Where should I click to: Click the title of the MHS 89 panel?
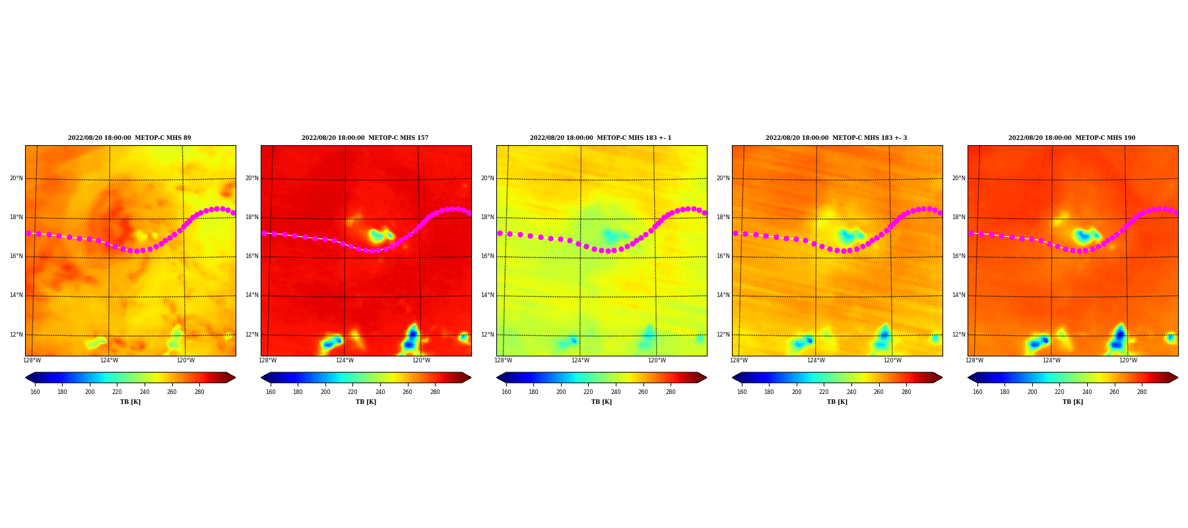pyautogui.click(x=129, y=138)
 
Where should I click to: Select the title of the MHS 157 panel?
pyautogui.click(x=365, y=138)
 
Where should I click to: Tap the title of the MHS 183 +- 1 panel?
pyautogui.click(x=601, y=138)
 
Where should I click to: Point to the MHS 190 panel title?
pyautogui.click(x=1072, y=138)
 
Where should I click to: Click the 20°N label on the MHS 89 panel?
pyautogui.click(x=16, y=178)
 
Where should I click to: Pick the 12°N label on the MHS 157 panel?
pyautogui.click(x=252, y=335)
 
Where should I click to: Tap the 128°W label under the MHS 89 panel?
pyautogui.click(x=32, y=360)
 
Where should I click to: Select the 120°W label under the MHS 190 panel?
pyautogui.click(x=1128, y=360)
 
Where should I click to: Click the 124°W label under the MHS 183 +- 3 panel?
pyautogui.click(x=816, y=360)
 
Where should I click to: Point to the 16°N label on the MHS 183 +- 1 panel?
pyautogui.click(x=488, y=256)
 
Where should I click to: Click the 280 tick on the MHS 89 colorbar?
pyautogui.click(x=199, y=392)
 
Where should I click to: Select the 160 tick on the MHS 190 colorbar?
pyautogui.click(x=977, y=392)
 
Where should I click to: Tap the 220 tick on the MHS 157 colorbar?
pyautogui.click(x=352, y=392)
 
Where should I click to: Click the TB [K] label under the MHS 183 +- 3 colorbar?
pyautogui.click(x=837, y=402)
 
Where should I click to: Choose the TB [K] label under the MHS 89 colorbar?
pyautogui.click(x=130, y=402)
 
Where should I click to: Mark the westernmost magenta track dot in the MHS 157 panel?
pyautogui.click(x=264, y=233)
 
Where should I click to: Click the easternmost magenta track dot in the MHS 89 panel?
pyautogui.click(x=233, y=213)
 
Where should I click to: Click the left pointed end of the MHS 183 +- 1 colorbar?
pyautogui.click(x=497, y=378)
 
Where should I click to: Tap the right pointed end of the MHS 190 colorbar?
pyautogui.click(x=1177, y=378)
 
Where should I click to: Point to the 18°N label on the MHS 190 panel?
pyautogui.click(x=959, y=217)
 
